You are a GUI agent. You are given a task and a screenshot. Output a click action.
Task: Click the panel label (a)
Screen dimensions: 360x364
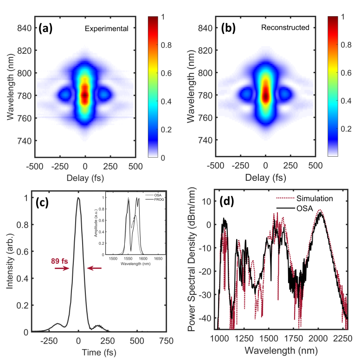pos(45,28)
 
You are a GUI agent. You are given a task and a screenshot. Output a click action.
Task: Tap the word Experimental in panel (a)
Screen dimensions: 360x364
pos(106,29)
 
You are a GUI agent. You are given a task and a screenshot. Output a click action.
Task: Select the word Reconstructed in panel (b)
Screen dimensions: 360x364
pos(285,27)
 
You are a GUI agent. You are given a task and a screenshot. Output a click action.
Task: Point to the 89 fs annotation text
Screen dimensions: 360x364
pos(59,261)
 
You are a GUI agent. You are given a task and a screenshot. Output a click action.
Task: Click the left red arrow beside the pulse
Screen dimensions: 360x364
pos(62,268)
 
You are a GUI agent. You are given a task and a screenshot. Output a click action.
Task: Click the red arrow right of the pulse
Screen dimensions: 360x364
pos(94,268)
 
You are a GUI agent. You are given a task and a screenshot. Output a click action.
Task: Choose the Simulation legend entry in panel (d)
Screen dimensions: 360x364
pos(304,198)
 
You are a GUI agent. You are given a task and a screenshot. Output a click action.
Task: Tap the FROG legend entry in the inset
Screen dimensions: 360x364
pos(154,199)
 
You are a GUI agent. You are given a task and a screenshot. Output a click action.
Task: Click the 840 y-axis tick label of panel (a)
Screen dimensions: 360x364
pos(25,28)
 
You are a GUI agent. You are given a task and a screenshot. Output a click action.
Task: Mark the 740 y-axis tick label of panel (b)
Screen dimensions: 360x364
pos(205,140)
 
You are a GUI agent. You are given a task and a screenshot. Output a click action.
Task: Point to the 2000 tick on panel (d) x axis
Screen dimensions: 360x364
pos(318,338)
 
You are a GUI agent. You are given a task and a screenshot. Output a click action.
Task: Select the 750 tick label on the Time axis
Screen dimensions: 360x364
pos(167,341)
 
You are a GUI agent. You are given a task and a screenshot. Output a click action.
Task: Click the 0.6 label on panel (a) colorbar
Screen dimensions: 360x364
pos(166,73)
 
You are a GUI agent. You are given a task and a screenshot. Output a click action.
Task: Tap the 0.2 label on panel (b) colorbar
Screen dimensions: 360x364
pos(346,129)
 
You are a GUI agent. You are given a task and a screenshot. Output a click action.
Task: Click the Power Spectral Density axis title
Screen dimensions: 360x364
pos(192,259)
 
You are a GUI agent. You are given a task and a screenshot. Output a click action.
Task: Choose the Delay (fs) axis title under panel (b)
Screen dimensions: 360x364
pos(265,178)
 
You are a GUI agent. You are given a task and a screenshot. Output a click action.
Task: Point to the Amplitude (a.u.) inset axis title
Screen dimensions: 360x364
pos(96,223)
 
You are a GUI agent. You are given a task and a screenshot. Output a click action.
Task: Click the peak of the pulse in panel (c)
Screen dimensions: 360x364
pos(78,198)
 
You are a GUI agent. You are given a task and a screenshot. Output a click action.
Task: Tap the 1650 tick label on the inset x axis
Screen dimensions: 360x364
pos(158,259)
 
